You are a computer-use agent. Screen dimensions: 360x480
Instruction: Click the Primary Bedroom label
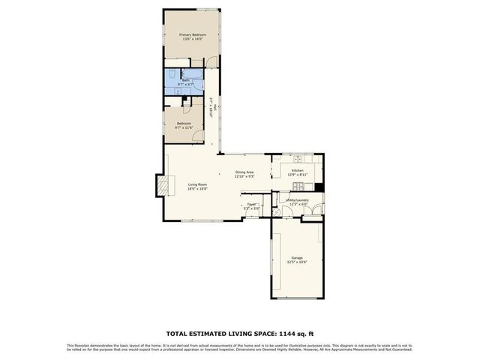pyautogui.click(x=192, y=34)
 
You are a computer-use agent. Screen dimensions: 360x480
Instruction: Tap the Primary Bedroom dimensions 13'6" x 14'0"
pyautogui.click(x=192, y=39)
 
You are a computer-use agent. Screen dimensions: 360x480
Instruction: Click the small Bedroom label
pyautogui.click(x=184, y=123)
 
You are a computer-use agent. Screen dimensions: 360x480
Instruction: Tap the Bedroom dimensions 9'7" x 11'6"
pyautogui.click(x=184, y=127)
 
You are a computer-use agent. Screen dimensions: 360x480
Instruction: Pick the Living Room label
pyautogui.click(x=197, y=184)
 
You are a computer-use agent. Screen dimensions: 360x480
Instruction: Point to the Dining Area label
pyautogui.click(x=245, y=172)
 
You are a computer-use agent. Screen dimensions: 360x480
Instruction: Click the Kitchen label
pyautogui.click(x=297, y=171)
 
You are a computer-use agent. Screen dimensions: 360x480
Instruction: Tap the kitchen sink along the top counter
pyautogui.click(x=298, y=158)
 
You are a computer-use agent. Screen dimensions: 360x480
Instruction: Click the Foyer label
pyautogui.click(x=252, y=203)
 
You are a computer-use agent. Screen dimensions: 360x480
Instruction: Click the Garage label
pyautogui.click(x=297, y=258)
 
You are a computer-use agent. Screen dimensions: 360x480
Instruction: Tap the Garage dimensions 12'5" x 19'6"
pyautogui.click(x=297, y=262)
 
